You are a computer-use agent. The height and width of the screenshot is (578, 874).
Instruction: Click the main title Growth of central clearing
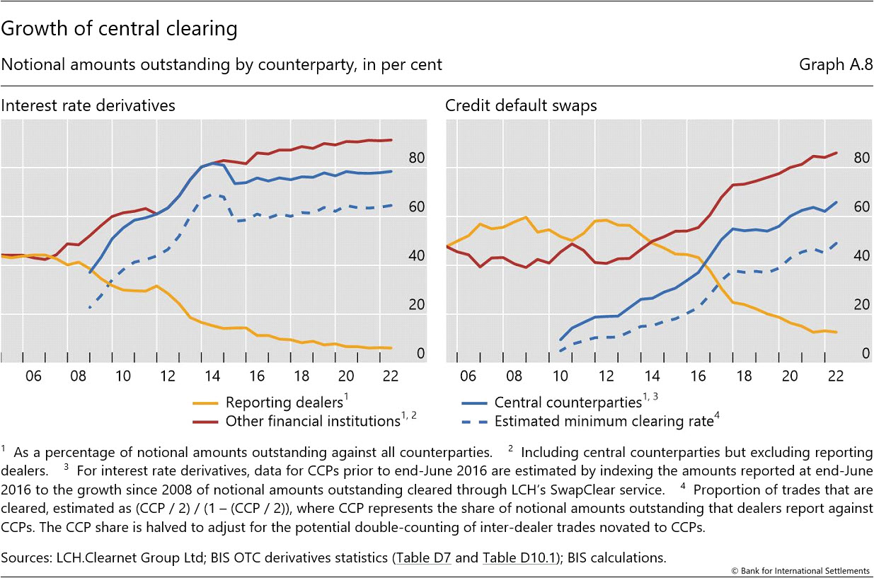[x=119, y=30]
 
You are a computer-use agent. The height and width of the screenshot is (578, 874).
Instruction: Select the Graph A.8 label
[x=836, y=65]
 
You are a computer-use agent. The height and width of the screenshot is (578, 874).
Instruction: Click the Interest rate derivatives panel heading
[x=88, y=105]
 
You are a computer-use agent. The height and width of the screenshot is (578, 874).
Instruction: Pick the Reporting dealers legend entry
[x=284, y=403]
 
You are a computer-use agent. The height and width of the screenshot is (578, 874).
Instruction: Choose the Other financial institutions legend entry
[x=312, y=422]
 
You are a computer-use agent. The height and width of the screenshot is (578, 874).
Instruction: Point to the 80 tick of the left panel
[x=417, y=159]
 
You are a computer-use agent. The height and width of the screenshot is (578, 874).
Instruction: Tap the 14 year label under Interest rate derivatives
[x=213, y=376]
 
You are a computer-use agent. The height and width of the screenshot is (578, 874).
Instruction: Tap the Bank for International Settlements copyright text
[x=800, y=570]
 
